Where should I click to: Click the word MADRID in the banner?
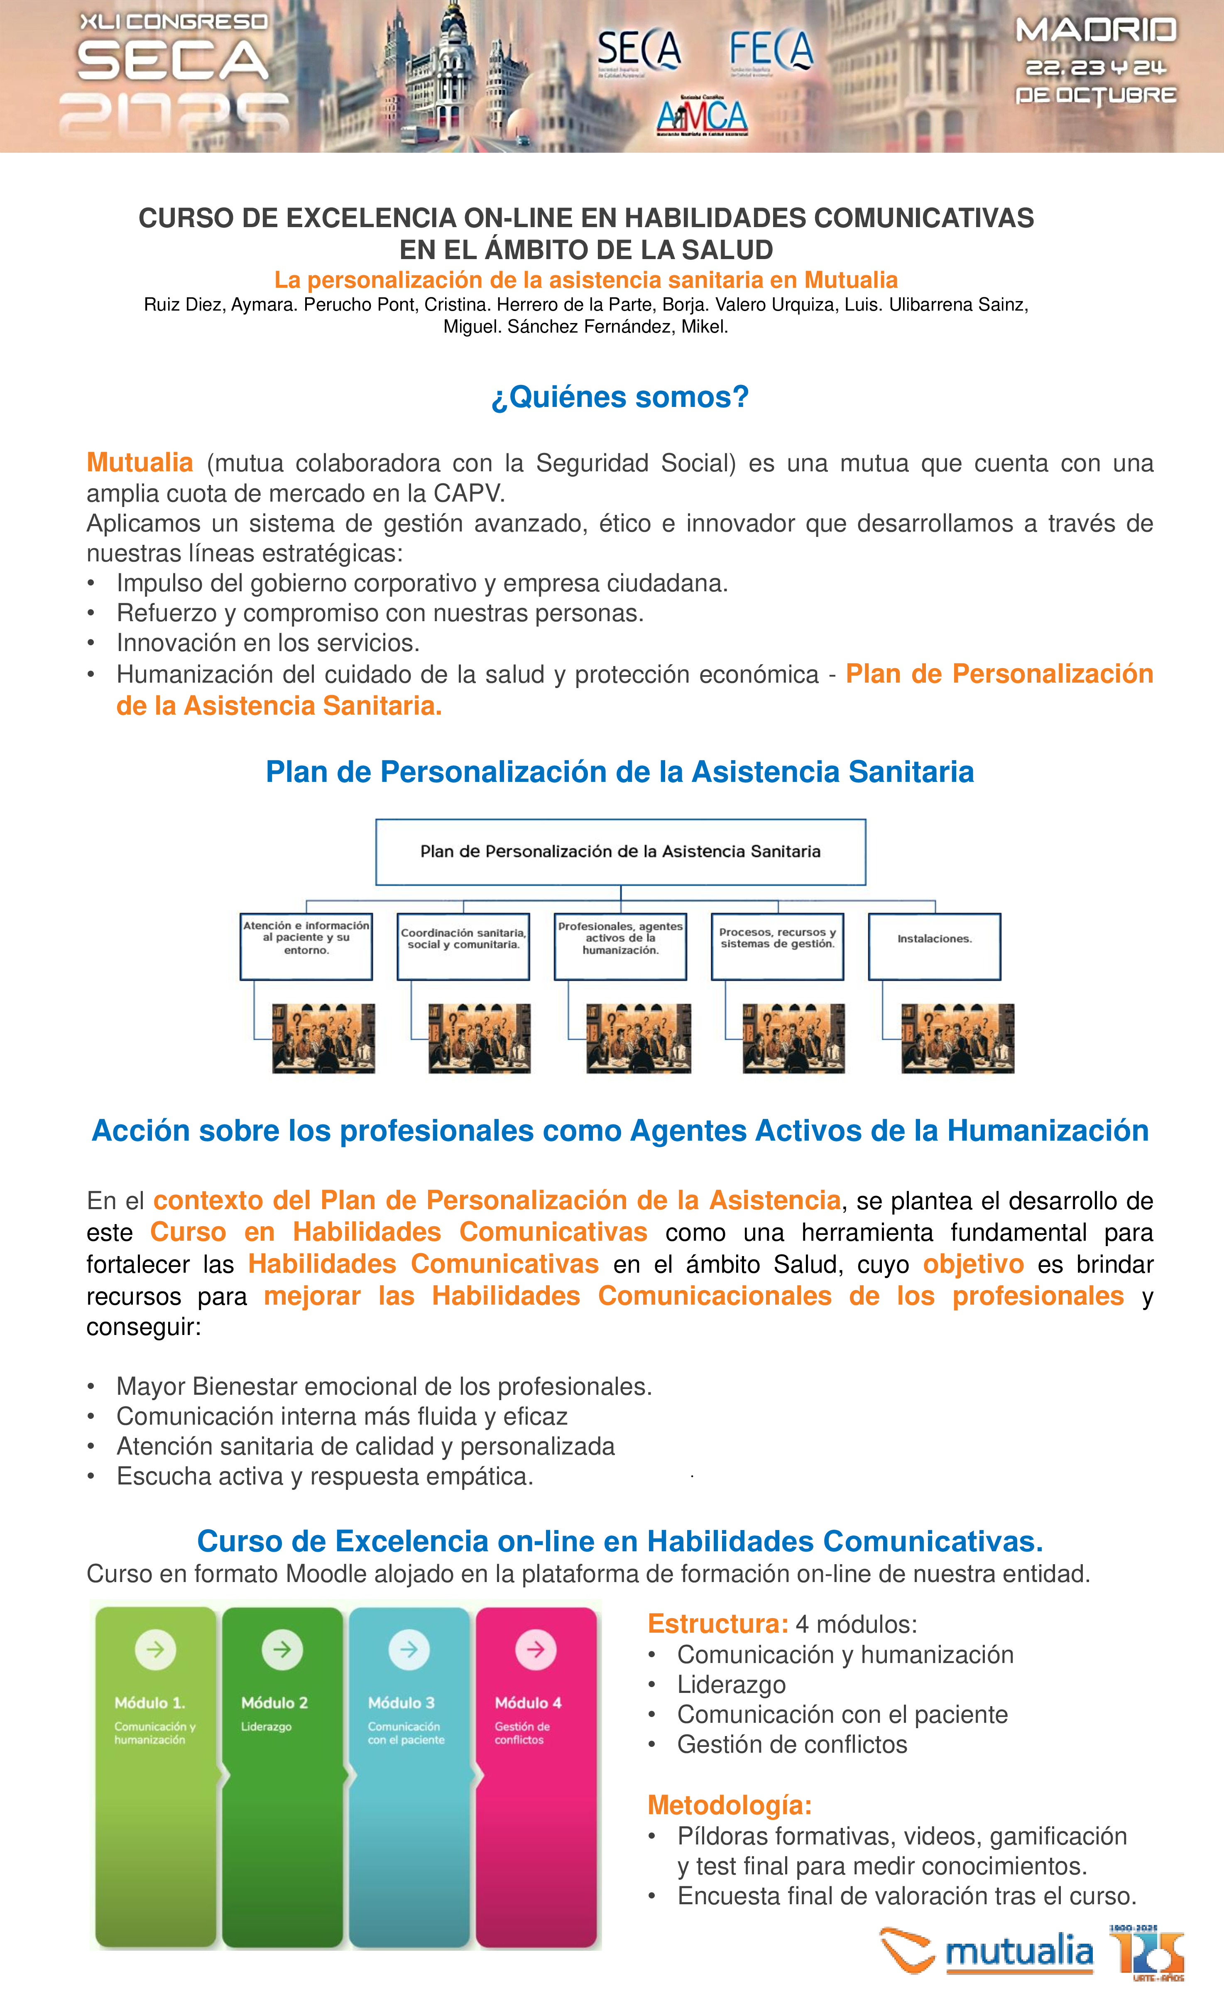coord(1096,31)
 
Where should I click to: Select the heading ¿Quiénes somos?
coord(620,397)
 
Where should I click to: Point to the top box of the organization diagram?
coord(621,852)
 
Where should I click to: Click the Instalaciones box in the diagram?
coord(934,946)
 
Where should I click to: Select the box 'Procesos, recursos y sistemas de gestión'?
coord(777,946)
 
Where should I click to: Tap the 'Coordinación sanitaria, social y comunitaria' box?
coord(463,946)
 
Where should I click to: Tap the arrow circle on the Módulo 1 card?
coord(155,1649)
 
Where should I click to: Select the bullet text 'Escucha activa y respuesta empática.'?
coord(325,1477)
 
